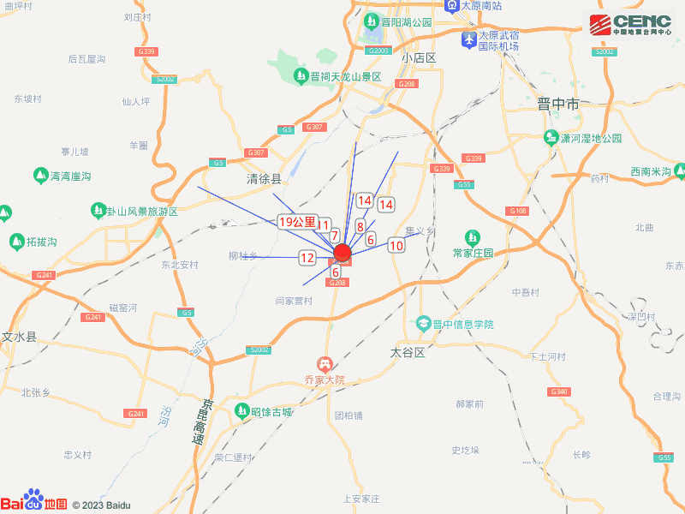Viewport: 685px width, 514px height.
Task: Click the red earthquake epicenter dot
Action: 342,253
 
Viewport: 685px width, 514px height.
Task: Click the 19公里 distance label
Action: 297,222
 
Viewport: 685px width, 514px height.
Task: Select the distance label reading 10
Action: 396,245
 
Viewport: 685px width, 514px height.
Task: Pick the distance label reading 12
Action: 307,257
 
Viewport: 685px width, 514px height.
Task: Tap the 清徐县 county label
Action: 264,180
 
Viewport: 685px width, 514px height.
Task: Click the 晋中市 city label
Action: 558,105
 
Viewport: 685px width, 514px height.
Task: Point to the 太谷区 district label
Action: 408,352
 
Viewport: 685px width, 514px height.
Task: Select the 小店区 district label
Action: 420,58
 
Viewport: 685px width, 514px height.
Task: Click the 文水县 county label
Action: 19,337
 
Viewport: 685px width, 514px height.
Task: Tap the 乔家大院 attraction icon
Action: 324,364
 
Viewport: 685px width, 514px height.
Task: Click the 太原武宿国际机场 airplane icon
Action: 468,39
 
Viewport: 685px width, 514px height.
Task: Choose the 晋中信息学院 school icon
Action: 422,325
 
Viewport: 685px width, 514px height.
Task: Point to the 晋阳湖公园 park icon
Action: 372,21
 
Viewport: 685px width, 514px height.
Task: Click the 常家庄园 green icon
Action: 472,236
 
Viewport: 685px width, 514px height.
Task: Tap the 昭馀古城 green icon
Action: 242,412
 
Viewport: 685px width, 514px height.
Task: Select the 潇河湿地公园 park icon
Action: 552,138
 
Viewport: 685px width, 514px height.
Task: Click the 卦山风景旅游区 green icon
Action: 98,211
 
